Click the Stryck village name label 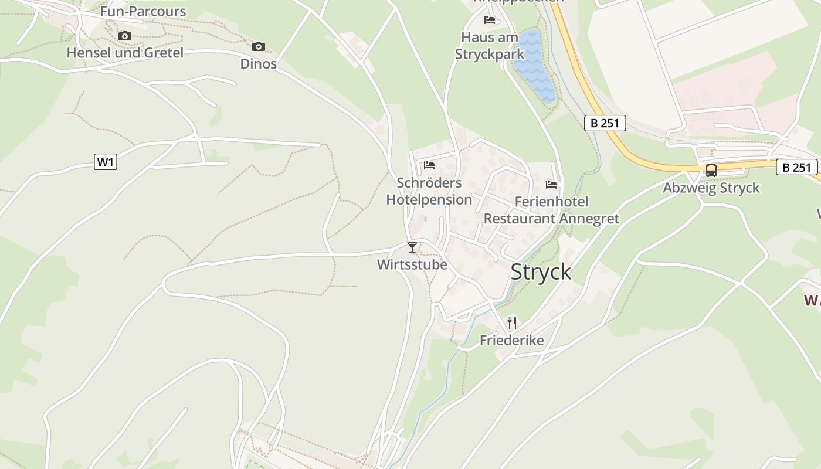[540, 272]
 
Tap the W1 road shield [106, 162]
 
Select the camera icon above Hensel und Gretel [124, 36]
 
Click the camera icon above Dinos [258, 46]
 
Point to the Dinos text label [258, 63]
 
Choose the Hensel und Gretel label [125, 53]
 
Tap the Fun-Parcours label [143, 11]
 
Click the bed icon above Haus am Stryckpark [490, 20]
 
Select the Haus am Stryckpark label [490, 46]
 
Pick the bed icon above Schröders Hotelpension [429, 165]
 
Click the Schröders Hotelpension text [429, 191]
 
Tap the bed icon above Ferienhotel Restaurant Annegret [551, 185]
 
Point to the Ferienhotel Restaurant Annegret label [551, 210]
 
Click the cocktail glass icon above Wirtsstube [412, 247]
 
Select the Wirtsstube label [412, 264]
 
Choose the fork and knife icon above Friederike [512, 322]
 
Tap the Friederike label [511, 340]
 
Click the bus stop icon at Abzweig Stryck [711, 171]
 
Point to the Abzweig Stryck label [711, 188]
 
